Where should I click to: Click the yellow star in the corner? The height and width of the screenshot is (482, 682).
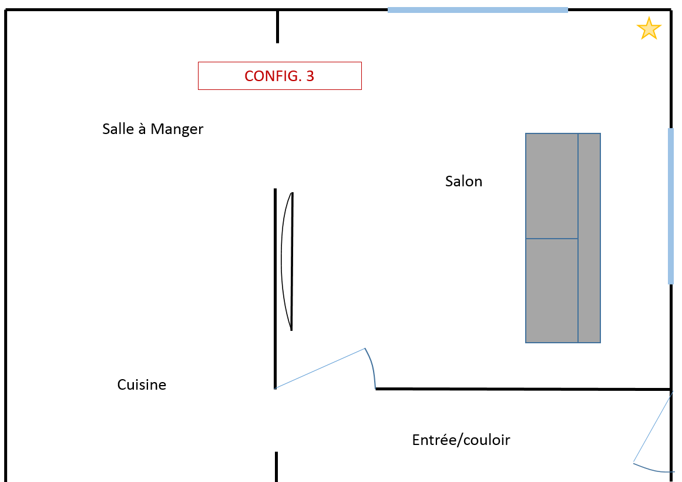tap(649, 29)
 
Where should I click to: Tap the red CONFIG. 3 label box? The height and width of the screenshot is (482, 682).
tap(280, 76)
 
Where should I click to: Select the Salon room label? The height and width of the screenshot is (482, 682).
tap(463, 182)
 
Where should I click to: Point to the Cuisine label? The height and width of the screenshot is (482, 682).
tap(142, 385)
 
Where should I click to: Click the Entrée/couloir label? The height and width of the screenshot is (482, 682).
tap(461, 440)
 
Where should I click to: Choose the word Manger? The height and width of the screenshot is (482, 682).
tap(177, 129)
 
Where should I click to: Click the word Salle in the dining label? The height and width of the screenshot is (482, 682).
tap(118, 129)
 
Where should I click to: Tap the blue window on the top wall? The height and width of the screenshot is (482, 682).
tap(478, 9)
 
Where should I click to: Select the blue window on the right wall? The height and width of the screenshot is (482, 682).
tap(671, 206)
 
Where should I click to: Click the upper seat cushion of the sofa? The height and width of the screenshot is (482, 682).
tap(552, 186)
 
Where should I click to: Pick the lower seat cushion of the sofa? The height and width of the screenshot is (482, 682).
tap(552, 290)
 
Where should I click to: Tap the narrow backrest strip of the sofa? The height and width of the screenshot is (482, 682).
tap(589, 238)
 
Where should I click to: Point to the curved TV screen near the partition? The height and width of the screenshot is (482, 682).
tap(287, 261)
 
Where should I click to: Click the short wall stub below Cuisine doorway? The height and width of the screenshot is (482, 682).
tap(276, 467)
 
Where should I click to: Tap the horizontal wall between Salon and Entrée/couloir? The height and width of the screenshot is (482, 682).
tap(523, 389)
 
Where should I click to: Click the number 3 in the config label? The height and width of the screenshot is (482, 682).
tap(310, 76)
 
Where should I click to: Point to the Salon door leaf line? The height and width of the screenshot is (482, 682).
tap(320, 369)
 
